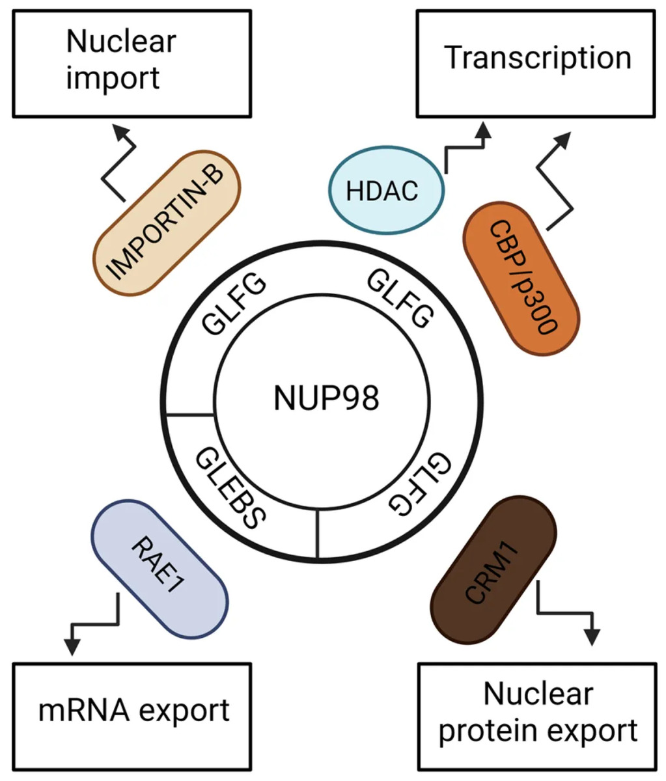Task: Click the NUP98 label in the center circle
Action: (x=326, y=398)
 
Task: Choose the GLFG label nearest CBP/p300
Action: (x=400, y=301)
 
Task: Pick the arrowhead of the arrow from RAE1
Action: (x=72, y=646)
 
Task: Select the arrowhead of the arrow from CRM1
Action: (x=591, y=637)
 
